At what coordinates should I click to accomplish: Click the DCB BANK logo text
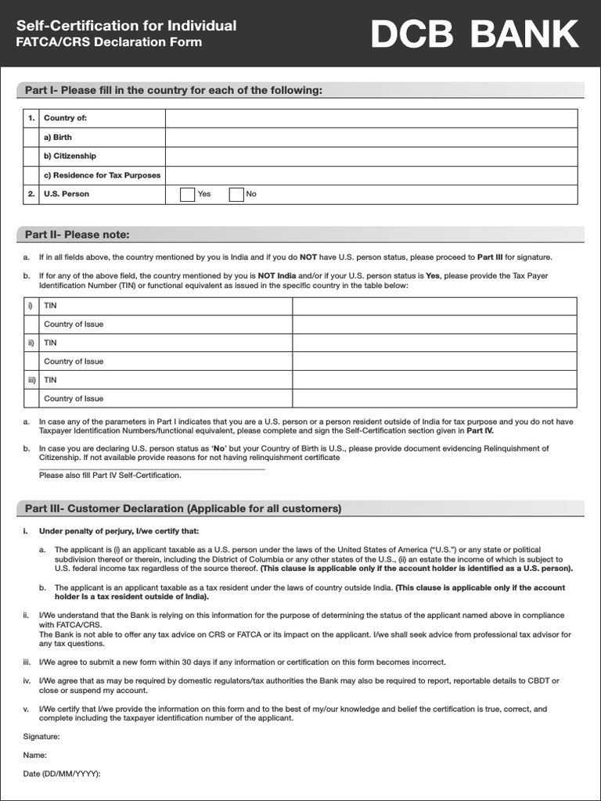tap(475, 34)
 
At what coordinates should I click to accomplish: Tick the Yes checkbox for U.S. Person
tap(188, 195)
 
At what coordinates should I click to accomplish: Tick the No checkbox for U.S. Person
tap(236, 195)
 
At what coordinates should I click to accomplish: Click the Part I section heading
tap(174, 91)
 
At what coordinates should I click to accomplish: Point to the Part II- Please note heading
tap(77, 235)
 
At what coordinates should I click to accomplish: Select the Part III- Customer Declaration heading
tap(183, 508)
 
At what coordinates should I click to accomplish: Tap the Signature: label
tap(41, 736)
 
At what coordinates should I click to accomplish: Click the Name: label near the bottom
tap(35, 755)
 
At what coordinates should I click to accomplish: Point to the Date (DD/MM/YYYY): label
tap(62, 774)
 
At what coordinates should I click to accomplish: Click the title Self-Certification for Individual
tap(127, 26)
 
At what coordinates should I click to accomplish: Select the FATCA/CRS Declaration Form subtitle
tap(110, 42)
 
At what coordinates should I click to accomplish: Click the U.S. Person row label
tap(67, 195)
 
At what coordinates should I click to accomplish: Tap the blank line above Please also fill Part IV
tap(152, 468)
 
